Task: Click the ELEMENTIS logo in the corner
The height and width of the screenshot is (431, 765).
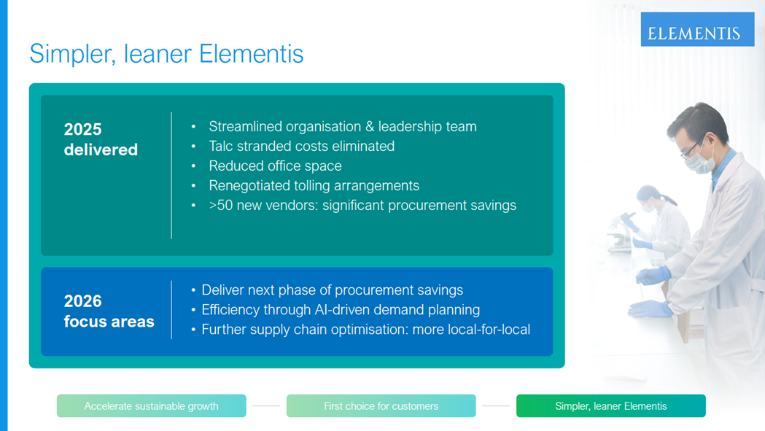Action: (x=697, y=29)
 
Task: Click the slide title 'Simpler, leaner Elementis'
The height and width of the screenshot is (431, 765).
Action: (x=166, y=54)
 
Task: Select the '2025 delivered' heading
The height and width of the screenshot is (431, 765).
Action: (x=101, y=139)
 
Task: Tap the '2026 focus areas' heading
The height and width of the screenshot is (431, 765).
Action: (x=109, y=311)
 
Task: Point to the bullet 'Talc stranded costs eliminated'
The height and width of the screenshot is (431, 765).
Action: (x=301, y=146)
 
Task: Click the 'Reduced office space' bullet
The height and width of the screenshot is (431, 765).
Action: (x=275, y=166)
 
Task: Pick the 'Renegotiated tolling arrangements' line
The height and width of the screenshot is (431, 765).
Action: (x=314, y=185)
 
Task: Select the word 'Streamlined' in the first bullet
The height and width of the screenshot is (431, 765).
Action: (x=246, y=126)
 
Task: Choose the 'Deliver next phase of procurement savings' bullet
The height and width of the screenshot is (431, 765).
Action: (x=333, y=290)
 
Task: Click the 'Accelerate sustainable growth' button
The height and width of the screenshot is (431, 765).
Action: (x=151, y=405)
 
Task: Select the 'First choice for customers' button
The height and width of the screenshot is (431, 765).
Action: (x=381, y=405)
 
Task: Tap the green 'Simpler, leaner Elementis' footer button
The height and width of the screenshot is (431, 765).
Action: (x=611, y=405)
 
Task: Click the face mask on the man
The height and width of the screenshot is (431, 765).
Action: (x=701, y=159)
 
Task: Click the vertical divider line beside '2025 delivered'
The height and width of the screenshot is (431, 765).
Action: (x=171, y=176)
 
